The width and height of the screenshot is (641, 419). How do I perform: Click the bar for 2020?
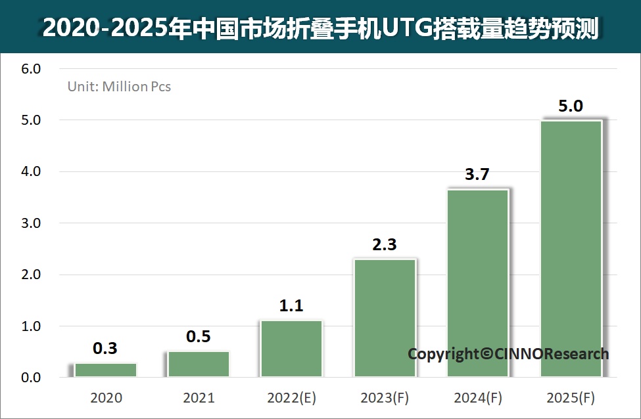tap(105, 370)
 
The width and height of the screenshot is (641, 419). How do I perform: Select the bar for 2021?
tap(199, 364)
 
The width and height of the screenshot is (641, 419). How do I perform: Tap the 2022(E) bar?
tap(291, 349)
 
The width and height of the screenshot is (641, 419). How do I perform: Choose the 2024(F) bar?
tap(477, 282)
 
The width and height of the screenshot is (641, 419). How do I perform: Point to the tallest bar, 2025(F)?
tap(571, 248)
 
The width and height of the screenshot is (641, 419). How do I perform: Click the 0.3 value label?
tap(105, 348)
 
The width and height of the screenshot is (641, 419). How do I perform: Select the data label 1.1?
tap(291, 306)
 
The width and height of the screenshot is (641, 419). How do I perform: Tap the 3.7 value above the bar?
tap(477, 175)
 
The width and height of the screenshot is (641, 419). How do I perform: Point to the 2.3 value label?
tap(385, 245)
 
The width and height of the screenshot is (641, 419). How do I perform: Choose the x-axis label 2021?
tap(199, 397)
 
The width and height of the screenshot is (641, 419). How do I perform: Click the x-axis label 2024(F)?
tap(477, 397)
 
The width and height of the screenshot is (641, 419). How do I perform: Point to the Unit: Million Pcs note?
tap(119, 86)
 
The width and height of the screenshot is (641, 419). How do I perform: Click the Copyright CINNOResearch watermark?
tap(508, 354)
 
